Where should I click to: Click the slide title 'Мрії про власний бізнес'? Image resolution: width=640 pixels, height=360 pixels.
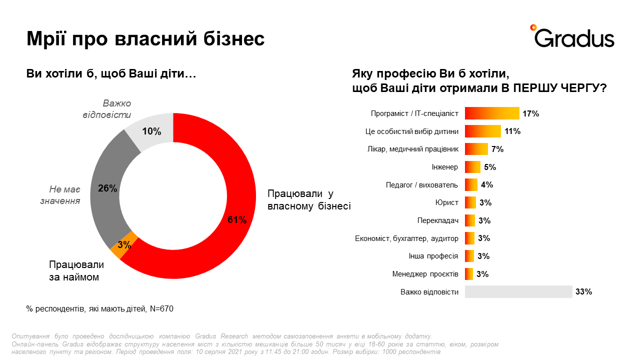145,38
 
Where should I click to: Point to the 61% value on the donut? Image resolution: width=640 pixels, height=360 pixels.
237,220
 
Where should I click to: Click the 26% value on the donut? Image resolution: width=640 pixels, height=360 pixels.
107,188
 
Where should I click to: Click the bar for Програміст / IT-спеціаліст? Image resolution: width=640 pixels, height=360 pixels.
492,113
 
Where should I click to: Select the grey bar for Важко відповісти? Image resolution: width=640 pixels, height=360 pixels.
518,291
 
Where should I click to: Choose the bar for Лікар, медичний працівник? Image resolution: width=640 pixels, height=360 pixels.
476,149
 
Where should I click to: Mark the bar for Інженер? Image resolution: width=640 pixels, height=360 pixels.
472,167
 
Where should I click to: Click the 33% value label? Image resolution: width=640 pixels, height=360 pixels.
583,292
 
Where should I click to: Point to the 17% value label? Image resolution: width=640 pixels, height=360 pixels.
530,113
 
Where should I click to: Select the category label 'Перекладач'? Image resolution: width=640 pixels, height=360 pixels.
437,220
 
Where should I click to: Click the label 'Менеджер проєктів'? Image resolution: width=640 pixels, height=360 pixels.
425,274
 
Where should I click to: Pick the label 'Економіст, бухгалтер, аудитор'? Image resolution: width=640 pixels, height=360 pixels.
406,238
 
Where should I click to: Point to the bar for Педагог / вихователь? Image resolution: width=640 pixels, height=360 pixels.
471,184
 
